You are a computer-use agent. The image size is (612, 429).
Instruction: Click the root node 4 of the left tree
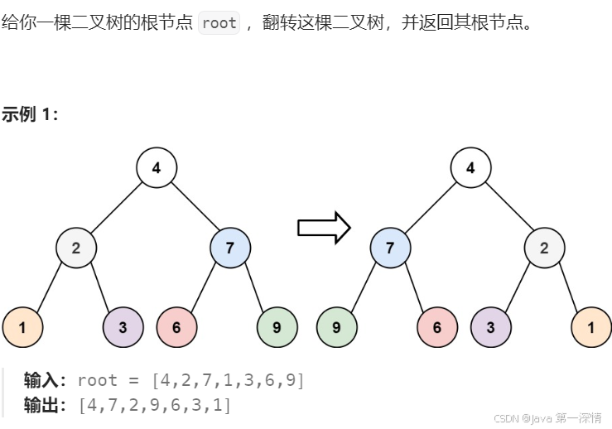(157, 168)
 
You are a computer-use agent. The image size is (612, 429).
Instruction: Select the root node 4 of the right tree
(471, 168)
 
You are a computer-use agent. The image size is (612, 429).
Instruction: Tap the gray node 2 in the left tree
(76, 248)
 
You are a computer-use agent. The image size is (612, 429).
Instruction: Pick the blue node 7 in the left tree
(230, 248)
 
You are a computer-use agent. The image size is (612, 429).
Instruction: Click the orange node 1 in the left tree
(22, 326)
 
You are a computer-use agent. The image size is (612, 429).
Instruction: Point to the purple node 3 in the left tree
(123, 326)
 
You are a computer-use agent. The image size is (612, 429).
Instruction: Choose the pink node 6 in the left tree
(176, 326)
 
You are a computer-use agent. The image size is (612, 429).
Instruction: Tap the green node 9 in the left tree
(277, 326)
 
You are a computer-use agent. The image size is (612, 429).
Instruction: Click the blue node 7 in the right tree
(391, 248)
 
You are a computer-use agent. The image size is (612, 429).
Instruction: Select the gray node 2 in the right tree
(544, 248)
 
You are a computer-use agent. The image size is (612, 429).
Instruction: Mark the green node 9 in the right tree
(337, 326)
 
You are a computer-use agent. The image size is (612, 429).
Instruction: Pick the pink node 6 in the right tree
(437, 326)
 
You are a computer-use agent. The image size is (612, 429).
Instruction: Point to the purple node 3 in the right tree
(491, 326)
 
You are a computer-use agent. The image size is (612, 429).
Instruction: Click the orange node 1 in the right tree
(591, 326)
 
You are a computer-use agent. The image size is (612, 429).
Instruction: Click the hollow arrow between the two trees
(324, 228)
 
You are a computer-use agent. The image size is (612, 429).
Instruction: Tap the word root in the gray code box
(219, 22)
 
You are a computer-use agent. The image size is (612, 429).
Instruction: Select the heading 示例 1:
(30, 115)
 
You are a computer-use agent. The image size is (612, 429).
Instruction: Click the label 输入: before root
(46, 380)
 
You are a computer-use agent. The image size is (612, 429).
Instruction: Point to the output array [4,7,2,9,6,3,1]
(155, 405)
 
